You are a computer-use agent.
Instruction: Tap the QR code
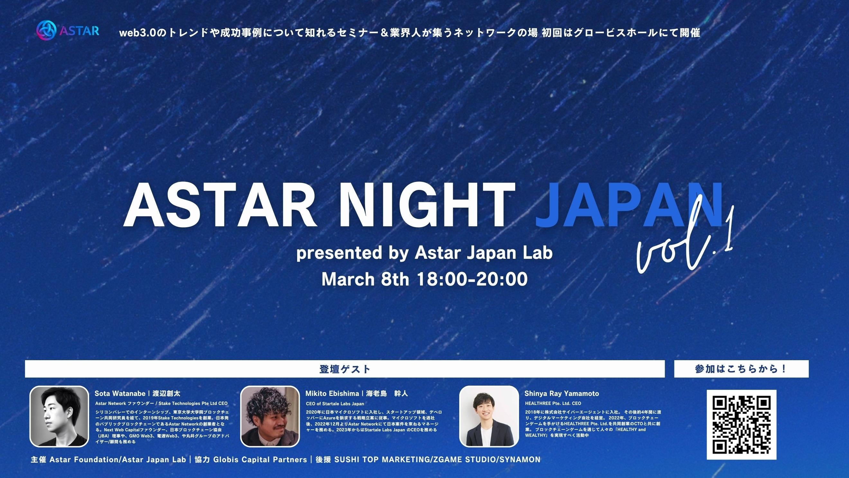click(741, 425)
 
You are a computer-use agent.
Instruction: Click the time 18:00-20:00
click(472, 279)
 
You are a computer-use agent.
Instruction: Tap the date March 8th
click(365, 279)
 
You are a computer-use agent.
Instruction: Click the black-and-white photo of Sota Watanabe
click(59, 416)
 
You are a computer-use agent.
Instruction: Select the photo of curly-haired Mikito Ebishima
click(270, 416)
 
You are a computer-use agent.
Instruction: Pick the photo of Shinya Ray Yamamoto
click(489, 416)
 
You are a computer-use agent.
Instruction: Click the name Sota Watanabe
click(120, 394)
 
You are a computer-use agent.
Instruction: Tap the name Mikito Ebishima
click(332, 394)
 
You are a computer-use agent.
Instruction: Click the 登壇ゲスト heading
click(345, 369)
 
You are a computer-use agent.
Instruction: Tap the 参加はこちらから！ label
click(741, 369)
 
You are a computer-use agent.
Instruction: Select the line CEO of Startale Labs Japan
click(335, 403)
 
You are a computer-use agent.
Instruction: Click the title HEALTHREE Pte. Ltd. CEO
click(553, 403)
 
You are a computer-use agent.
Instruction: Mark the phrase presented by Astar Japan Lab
click(424, 253)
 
